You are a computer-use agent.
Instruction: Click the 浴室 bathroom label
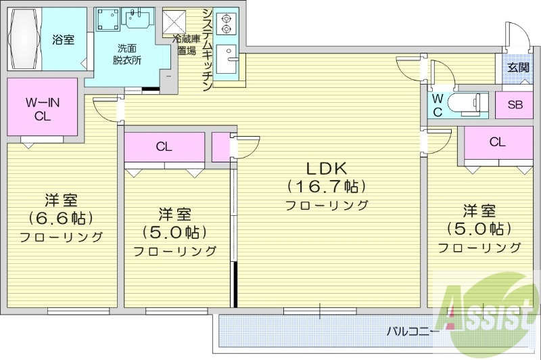(x=64, y=39)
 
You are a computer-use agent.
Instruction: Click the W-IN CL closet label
(x=42, y=108)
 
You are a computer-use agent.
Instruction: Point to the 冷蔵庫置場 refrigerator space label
(x=187, y=45)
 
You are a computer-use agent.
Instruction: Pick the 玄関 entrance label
(x=519, y=67)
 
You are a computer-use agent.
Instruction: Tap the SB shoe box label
(x=515, y=104)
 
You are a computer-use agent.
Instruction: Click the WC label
(x=438, y=106)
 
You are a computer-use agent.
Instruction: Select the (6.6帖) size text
(x=61, y=218)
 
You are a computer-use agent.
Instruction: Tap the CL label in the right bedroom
(x=497, y=142)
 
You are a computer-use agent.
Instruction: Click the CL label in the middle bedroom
(x=164, y=145)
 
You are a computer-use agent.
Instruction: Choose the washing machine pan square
(x=107, y=20)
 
